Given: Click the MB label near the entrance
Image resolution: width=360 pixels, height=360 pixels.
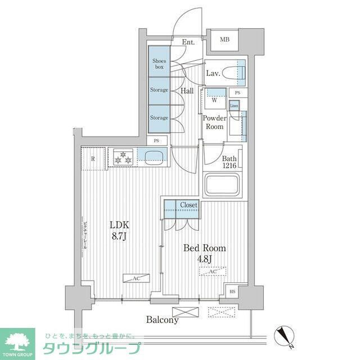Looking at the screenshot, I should pos(224,39).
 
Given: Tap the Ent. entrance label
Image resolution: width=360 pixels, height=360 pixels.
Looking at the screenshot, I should pos(188,42).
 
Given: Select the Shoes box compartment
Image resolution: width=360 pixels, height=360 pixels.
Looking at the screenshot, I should pos(159,64).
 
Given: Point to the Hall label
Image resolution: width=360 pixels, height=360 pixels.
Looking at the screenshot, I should pos(187,89).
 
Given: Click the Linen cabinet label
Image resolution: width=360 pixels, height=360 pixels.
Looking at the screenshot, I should pos(233,105).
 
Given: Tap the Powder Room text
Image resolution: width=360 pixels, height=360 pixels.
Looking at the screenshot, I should pos(214,122).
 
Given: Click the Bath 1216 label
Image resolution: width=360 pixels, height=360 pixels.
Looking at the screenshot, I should pos(229,162).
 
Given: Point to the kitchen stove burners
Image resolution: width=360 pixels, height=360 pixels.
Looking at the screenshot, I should pos(123,157).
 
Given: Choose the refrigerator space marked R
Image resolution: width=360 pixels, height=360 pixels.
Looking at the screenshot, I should pos(93,159).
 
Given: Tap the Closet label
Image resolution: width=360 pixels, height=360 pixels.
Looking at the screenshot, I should pos(188,205).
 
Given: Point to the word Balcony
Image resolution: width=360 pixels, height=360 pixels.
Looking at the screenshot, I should pos(163,320).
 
